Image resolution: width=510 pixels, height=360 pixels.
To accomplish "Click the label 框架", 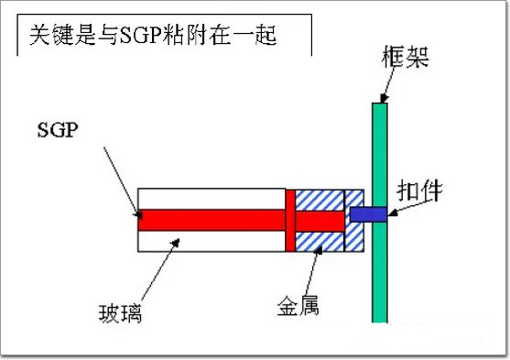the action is tap(406, 57).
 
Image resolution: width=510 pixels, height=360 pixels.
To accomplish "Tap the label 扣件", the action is tap(419, 191).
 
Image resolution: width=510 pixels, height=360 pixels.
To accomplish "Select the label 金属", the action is tap(298, 305).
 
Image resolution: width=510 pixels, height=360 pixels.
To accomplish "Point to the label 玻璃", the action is tap(120, 313).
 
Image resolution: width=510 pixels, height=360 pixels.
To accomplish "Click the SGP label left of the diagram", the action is tap(58, 130).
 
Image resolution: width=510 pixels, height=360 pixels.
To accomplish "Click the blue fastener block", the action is tap(368, 214).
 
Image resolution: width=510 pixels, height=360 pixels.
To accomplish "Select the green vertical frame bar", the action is tap(380, 213).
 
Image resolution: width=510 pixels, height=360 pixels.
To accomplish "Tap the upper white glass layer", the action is tap(212, 199).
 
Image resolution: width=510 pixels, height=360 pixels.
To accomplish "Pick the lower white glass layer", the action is tap(212, 241).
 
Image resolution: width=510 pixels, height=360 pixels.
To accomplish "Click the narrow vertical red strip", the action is tap(290, 221).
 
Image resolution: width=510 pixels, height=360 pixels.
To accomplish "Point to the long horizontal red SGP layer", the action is tap(212, 221).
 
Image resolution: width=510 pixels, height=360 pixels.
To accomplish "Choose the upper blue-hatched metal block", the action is tap(320, 201).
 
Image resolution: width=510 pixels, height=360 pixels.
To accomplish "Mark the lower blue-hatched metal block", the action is tap(320, 242).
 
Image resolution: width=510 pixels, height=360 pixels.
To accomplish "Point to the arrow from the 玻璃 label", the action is tap(160, 270).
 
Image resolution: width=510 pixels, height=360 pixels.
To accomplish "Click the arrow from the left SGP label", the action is tap(123, 182).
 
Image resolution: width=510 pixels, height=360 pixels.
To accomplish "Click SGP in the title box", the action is tap(141, 36).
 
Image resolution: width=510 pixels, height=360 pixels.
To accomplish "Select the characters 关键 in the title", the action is tap(51, 35).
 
